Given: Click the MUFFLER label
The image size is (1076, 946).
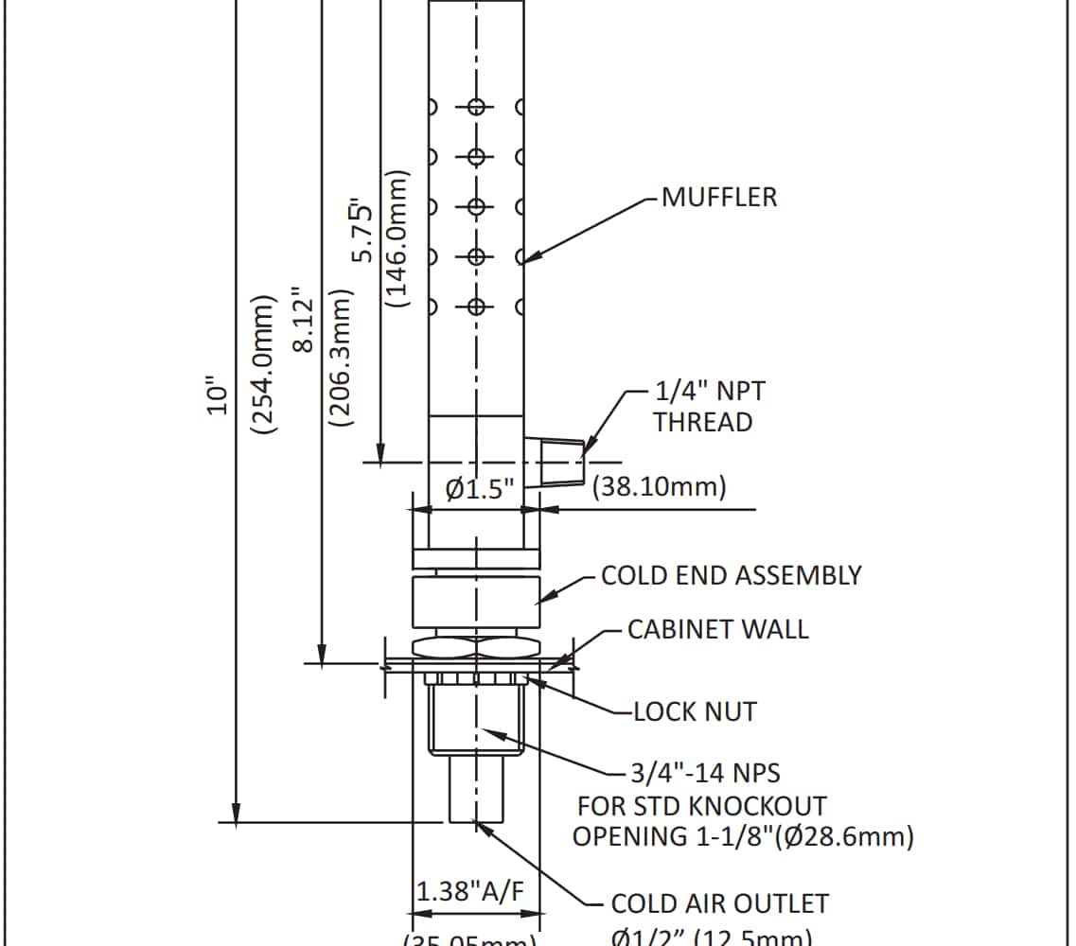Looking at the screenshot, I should coord(718,197).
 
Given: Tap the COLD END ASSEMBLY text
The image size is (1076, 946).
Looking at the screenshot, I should coord(732,575).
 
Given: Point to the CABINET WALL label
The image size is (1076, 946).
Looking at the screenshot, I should coord(718,629).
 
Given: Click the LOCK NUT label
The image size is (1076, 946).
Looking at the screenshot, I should coord(695,711).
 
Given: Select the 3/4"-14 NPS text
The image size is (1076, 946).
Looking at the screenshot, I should coord(705,773).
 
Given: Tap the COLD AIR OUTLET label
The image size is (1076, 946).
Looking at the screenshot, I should coord(719,903).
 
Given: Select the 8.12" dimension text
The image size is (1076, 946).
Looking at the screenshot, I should coord(303,320).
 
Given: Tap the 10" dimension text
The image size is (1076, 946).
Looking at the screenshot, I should coord(219,396).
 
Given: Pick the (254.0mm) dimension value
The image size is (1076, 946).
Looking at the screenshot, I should coord(264,363).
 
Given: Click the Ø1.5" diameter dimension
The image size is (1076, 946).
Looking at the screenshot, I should coord(480,489).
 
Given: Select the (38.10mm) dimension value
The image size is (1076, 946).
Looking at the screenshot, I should coord(659,487).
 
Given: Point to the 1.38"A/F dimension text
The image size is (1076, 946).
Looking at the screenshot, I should coord(469,891).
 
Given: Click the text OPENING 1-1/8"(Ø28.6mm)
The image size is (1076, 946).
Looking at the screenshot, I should coord(743,836).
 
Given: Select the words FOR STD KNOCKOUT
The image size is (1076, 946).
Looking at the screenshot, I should coord(701,806).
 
